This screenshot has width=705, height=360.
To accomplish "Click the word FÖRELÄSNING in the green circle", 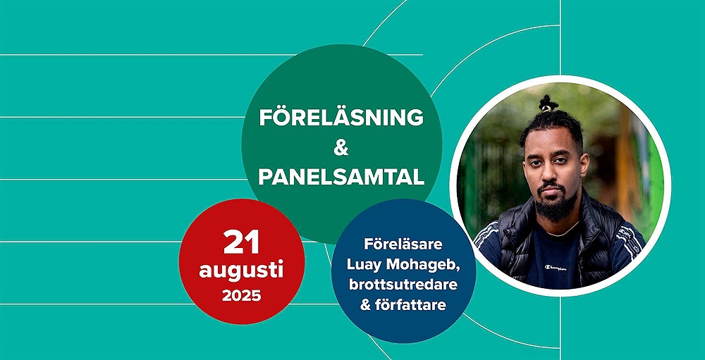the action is [x=341, y=118].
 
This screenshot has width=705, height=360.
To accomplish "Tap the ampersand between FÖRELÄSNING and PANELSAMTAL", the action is [x=341, y=148].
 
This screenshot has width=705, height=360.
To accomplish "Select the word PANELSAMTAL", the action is [x=341, y=178].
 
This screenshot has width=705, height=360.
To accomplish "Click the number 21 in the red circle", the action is [x=241, y=242].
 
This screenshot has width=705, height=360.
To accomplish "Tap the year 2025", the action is [x=241, y=296].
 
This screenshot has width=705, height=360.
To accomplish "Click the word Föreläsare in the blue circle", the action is [x=403, y=245].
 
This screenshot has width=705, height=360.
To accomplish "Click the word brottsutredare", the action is [x=403, y=285].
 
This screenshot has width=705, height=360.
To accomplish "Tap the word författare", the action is [x=412, y=305].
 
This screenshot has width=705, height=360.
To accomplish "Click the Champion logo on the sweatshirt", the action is [x=556, y=268].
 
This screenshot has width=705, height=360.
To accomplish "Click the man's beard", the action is [x=556, y=204].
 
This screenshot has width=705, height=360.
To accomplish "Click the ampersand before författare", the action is [x=367, y=305].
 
